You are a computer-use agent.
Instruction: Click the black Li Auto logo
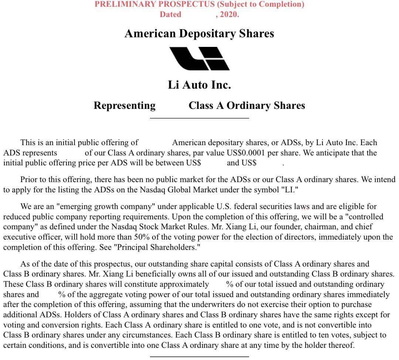click(x=199, y=59)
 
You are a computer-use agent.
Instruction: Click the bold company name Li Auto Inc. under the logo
click(x=199, y=85)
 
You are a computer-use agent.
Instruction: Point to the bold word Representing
click(x=125, y=106)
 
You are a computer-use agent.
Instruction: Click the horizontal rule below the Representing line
click(x=199, y=118)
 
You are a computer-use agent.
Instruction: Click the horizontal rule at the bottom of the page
click(x=199, y=357)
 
